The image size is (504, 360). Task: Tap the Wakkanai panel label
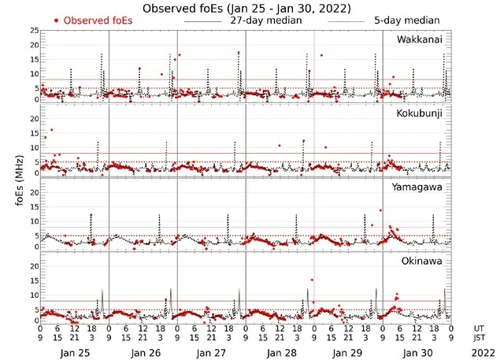(423, 39)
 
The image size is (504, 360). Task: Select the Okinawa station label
(425, 259)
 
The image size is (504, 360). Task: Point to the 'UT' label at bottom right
(480, 328)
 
